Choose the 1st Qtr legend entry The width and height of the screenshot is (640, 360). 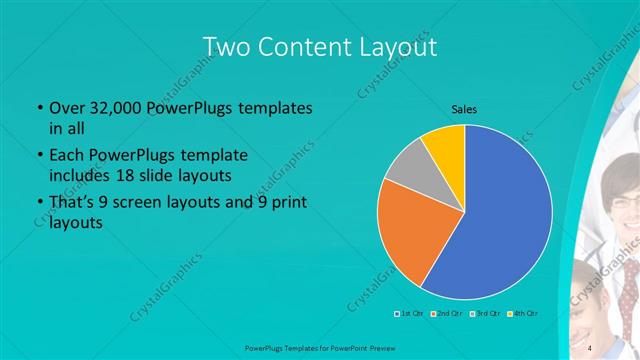[408, 314]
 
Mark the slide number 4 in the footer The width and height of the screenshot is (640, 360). [591, 347]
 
